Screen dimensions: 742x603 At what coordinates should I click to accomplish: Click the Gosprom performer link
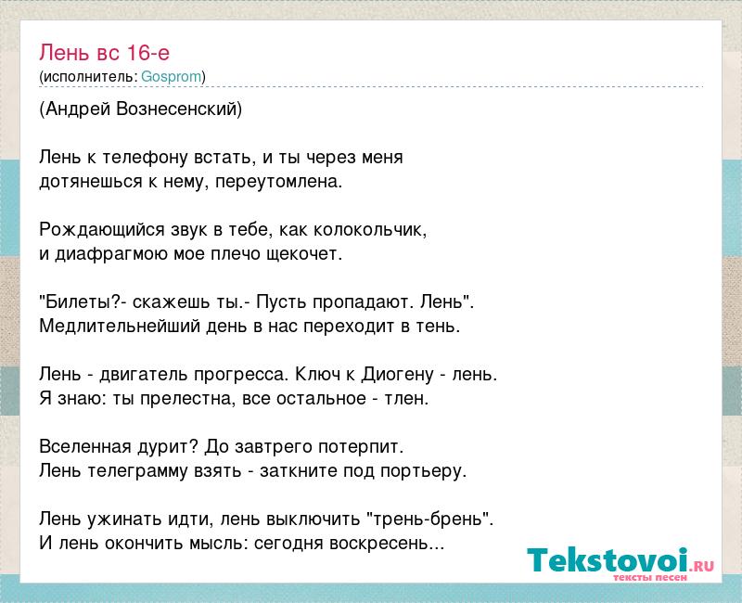[x=172, y=76]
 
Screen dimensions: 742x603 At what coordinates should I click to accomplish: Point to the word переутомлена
[x=278, y=182]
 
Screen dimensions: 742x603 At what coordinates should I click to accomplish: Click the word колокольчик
[x=369, y=229]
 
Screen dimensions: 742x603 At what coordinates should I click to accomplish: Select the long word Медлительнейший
[x=120, y=327]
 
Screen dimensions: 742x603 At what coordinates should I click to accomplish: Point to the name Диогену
[x=398, y=375]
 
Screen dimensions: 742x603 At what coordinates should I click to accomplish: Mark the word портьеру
[x=424, y=471]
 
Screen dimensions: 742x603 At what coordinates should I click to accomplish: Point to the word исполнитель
[x=88, y=77]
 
